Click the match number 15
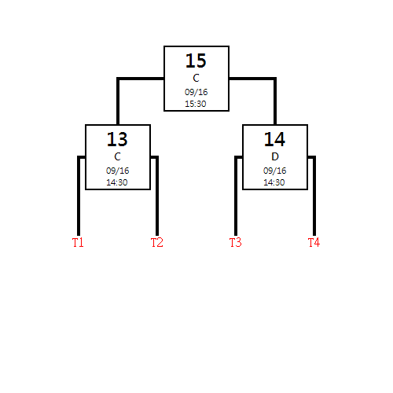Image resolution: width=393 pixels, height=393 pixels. [196, 61]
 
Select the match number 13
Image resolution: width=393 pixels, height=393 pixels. [117, 139]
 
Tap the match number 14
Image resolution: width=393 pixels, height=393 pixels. [274, 139]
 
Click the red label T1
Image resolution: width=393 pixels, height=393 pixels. [78, 242]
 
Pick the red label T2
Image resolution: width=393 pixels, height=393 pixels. [156, 242]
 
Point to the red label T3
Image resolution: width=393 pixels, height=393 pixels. [235, 242]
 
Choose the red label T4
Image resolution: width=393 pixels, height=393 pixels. [314, 242]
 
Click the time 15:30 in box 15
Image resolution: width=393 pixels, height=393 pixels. [196, 104]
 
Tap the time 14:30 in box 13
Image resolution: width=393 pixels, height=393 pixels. [117, 182]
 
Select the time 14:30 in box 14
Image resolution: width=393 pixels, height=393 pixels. [274, 182]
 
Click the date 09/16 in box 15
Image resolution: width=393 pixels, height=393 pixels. [196, 92]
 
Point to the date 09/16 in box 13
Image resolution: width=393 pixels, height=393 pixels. [117, 171]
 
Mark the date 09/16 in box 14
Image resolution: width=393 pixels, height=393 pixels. [274, 171]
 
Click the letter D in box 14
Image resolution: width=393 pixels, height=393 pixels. [275, 156]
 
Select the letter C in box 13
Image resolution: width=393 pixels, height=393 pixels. [117, 156]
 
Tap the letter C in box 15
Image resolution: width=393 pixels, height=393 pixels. [196, 78]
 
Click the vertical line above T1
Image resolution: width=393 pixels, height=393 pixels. [79, 196]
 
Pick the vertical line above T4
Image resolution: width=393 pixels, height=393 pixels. [314, 196]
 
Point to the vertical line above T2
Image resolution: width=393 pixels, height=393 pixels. [157, 196]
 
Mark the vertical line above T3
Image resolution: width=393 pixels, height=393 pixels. [236, 196]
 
